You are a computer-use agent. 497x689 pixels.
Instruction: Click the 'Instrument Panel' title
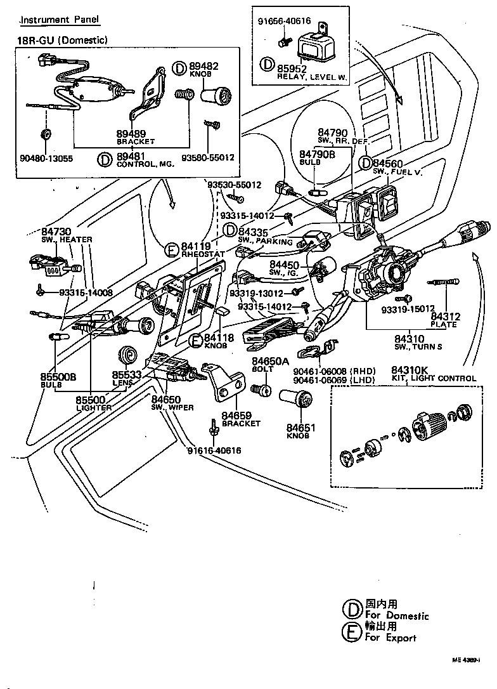point(60,20)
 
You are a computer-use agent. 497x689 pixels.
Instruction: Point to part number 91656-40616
point(283,20)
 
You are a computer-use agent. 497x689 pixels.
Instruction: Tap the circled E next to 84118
point(196,340)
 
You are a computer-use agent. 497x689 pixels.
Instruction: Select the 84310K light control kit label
point(409,370)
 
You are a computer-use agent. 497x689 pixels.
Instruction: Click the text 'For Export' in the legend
point(390,637)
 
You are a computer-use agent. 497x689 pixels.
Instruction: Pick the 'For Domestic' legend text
point(397,615)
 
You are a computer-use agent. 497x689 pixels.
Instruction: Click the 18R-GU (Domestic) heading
point(61,40)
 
